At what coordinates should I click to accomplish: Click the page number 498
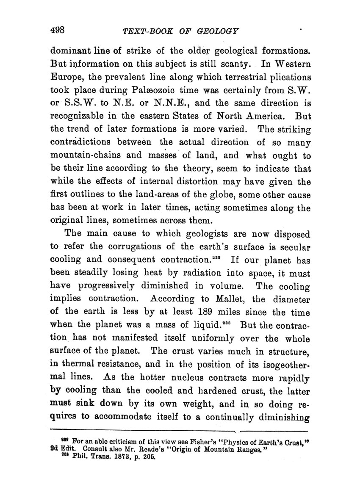57,30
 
